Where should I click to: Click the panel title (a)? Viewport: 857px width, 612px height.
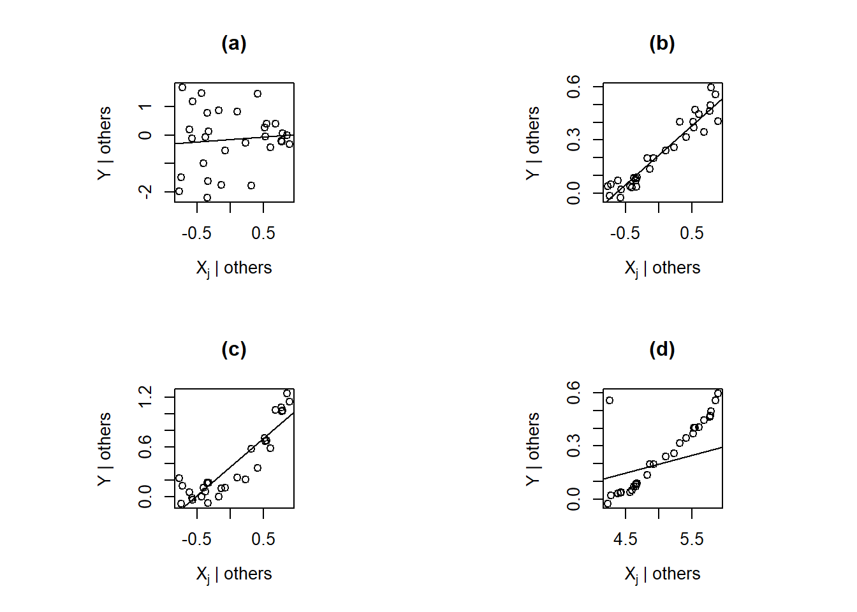[233, 43]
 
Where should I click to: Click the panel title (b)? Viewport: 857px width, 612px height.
[662, 43]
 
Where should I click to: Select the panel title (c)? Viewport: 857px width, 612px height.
[233, 349]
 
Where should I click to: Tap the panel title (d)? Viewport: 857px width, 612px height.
[662, 349]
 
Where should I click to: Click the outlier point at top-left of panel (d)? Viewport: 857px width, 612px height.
[610, 400]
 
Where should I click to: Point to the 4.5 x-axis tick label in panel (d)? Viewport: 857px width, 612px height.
[625, 539]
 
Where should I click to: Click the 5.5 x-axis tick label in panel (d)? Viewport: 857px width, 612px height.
[692, 539]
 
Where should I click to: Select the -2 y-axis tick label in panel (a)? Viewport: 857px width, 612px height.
[145, 191]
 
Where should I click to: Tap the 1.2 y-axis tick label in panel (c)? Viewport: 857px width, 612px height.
[145, 397]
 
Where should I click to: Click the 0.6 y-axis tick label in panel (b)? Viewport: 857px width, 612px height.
[574, 86]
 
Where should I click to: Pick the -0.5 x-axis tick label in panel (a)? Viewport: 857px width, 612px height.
[196, 233]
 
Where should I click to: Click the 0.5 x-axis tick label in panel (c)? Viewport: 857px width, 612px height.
[263, 539]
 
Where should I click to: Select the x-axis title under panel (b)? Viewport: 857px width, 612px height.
[662, 268]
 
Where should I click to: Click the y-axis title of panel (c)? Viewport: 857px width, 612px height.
[104, 449]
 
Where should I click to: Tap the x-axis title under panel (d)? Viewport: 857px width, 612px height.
[662, 574]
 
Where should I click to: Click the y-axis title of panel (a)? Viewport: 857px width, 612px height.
[104, 143]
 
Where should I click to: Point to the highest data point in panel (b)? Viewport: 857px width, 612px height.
[711, 87]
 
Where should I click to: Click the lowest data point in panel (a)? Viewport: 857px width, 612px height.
[207, 198]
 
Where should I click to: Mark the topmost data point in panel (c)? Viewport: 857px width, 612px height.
[287, 393]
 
